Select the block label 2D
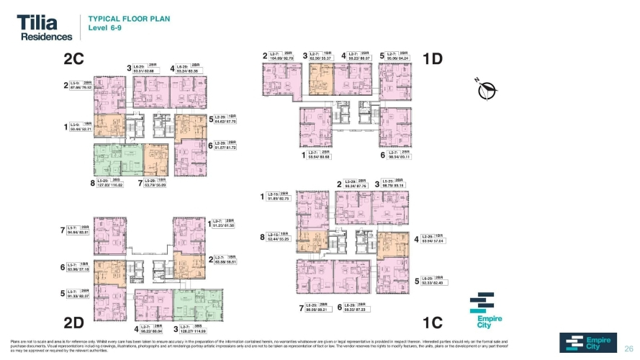77,320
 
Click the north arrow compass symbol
490,90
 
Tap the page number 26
627,345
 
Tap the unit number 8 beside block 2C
93,184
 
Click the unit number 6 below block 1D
382,155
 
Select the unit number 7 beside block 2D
63,230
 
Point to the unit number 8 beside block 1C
262,237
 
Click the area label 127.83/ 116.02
110,185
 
